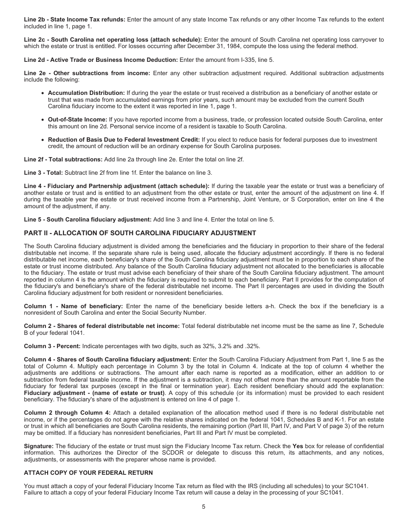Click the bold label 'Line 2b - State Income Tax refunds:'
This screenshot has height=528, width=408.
pos(75,20)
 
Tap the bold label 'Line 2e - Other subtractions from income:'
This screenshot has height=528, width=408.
pos(87,73)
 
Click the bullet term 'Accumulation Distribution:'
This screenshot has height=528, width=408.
pos(86,93)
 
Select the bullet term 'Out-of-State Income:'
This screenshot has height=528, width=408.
pos(77,120)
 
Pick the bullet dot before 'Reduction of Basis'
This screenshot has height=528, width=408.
pos(43,140)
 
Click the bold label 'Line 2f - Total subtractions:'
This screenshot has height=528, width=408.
pos(63,159)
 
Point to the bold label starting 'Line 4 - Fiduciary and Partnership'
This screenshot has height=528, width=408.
pos(116,186)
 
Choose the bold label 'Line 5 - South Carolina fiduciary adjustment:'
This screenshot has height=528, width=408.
pos(88,219)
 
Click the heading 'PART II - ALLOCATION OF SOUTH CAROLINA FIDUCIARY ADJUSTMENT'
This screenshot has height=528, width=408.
pos(140,233)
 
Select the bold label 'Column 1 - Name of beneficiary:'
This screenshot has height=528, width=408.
pos(73,306)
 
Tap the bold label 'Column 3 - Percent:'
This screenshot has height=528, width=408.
pos(52,346)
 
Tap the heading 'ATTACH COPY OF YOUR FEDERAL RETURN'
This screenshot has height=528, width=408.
pos(88,473)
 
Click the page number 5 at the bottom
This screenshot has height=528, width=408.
pos(204,507)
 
